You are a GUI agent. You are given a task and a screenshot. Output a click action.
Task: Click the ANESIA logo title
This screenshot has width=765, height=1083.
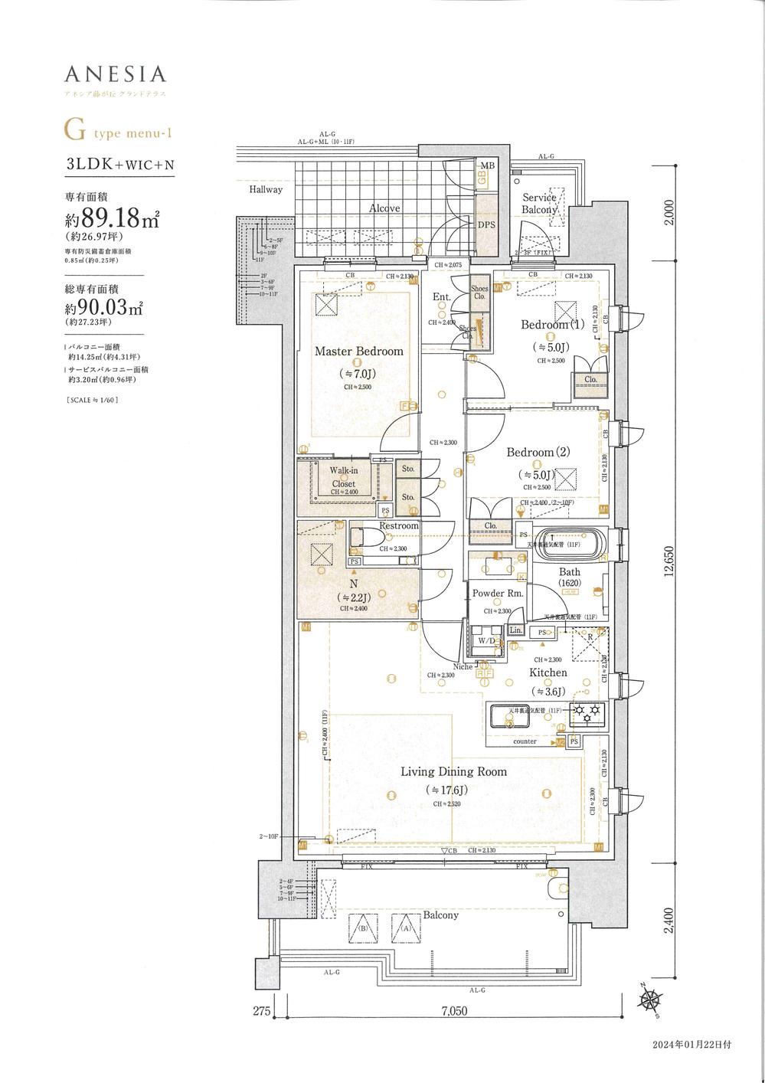tap(115, 74)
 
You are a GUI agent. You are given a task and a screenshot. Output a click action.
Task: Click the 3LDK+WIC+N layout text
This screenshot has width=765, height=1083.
tap(119, 165)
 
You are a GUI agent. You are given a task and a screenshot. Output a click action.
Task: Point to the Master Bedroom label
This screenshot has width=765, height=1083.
tap(358, 352)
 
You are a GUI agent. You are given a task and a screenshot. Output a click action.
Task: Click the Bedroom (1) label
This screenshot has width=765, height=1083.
tap(552, 325)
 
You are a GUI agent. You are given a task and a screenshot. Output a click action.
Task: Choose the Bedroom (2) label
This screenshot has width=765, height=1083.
tap(541, 453)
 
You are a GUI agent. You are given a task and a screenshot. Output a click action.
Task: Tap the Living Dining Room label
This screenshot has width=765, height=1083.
tap(453, 771)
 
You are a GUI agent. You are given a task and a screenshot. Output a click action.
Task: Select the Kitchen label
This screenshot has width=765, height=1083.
tap(548, 672)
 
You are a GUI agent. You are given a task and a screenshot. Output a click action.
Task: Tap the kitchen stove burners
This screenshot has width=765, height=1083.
tap(589, 712)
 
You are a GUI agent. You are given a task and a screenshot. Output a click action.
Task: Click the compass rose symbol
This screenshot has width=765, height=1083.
tap(652, 999)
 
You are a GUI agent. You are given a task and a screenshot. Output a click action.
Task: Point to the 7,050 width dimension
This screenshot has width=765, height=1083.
tap(455, 1012)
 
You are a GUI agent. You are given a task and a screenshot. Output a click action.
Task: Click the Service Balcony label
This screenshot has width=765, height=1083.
tap(540, 203)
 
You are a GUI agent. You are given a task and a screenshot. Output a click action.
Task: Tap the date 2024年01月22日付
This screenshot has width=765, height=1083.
tap(691, 1045)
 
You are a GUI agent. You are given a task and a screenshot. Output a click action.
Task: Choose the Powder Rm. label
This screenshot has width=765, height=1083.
tap(498, 594)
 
